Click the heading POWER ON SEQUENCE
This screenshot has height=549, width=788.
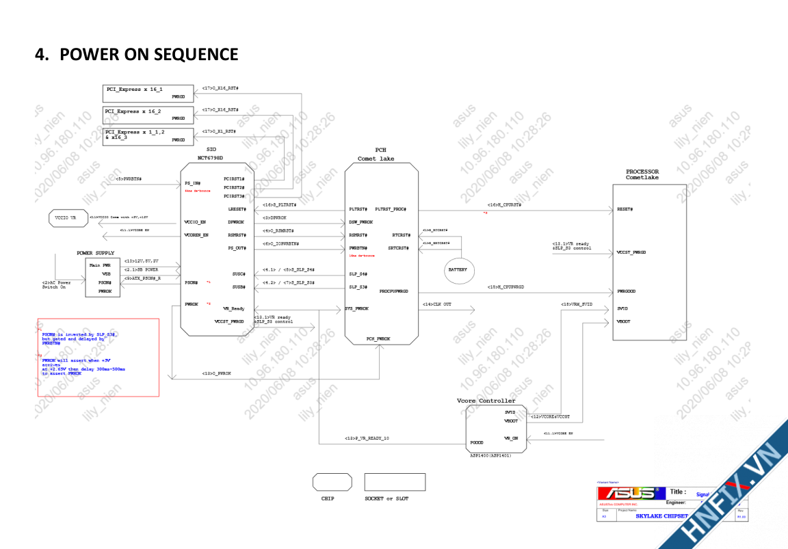[x=137, y=54]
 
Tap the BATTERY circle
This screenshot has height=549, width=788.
[x=458, y=269]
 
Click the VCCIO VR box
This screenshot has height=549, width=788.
[x=68, y=218]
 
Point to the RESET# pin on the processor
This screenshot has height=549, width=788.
[x=625, y=209]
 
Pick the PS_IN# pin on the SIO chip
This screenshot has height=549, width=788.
[x=192, y=183]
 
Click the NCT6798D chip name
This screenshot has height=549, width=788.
[x=206, y=157]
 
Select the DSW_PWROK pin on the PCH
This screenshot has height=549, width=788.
[x=361, y=222]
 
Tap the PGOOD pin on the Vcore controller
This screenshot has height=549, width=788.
[x=477, y=442]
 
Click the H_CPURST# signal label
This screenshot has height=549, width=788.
[x=505, y=204]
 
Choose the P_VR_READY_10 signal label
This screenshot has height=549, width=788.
[x=367, y=438]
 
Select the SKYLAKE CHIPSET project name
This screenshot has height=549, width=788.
[x=661, y=516]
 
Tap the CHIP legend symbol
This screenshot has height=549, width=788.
[x=328, y=482]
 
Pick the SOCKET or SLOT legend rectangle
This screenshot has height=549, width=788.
[x=395, y=482]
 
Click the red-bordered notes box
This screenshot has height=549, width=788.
[x=98, y=357]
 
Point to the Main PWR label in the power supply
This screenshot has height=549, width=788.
[x=101, y=265]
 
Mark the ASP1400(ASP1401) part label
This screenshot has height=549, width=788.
[x=490, y=455]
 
